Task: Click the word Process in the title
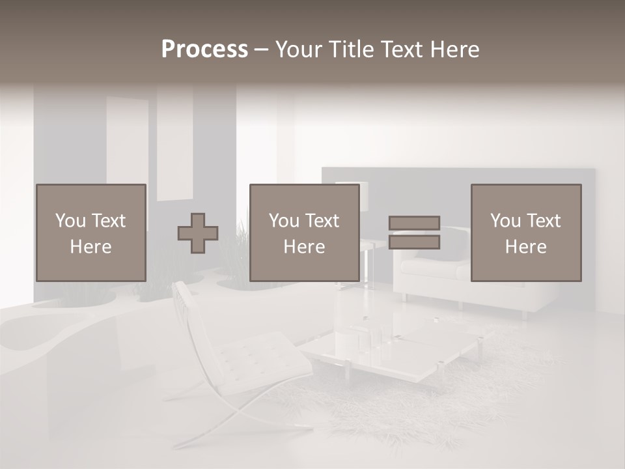(204, 50)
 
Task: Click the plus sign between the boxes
(198, 233)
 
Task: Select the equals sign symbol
(414, 233)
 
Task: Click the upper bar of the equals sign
(414, 223)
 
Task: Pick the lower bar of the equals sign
(414, 242)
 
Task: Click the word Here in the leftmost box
(90, 247)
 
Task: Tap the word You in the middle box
(284, 221)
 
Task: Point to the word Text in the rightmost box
(544, 221)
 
